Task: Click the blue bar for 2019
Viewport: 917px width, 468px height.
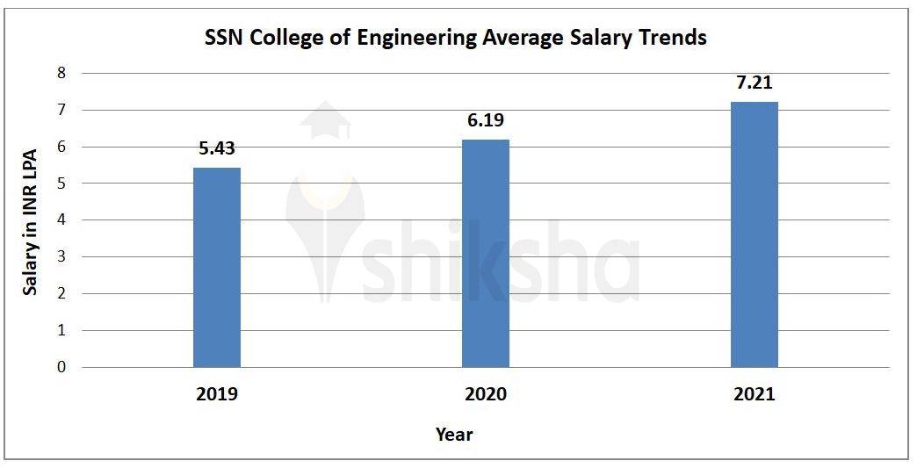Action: pyautogui.click(x=216, y=267)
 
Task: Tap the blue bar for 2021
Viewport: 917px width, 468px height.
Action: pyautogui.click(x=754, y=234)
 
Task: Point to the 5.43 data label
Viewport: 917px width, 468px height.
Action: pyautogui.click(x=216, y=149)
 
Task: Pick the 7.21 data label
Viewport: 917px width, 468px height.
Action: pyautogui.click(x=754, y=83)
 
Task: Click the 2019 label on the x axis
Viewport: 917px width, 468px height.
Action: pyautogui.click(x=216, y=394)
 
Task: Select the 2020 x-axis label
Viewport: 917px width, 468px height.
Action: pyautogui.click(x=485, y=394)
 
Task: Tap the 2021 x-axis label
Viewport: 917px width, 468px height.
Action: pyautogui.click(x=754, y=394)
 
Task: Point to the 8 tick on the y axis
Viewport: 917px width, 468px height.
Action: pyautogui.click(x=61, y=73)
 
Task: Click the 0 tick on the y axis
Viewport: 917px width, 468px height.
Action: pyautogui.click(x=61, y=367)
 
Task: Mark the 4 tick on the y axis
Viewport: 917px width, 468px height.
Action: pyautogui.click(x=61, y=220)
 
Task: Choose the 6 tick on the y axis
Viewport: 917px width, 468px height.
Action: pyautogui.click(x=61, y=147)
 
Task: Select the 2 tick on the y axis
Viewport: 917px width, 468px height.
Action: pyautogui.click(x=61, y=293)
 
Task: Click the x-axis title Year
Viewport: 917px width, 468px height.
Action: pyautogui.click(x=454, y=435)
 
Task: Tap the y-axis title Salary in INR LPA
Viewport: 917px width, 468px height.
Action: pyautogui.click(x=31, y=220)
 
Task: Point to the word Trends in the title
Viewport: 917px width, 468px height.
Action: pyautogui.click(x=674, y=39)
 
